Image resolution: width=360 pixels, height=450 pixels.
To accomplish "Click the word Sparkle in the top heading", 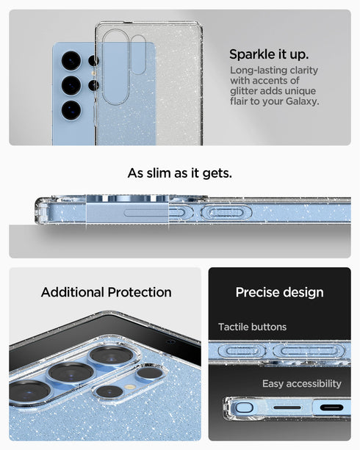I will [x=251, y=54].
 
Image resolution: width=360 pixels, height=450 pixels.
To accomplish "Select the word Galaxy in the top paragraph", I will [x=301, y=101].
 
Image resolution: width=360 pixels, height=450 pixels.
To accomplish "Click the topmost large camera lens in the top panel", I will [x=71, y=59].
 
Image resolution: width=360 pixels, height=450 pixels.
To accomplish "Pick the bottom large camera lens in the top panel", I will [x=71, y=109].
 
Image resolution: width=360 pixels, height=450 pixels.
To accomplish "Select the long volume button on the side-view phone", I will [x=226, y=213].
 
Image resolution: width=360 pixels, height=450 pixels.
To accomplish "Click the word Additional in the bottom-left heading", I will [x=73, y=292].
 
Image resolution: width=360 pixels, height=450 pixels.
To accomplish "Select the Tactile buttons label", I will [x=252, y=327].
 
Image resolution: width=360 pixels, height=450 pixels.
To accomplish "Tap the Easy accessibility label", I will [x=301, y=383].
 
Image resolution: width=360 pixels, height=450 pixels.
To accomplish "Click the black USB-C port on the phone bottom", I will [x=330, y=407].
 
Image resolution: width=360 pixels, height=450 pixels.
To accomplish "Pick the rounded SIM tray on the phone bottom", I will [x=245, y=407].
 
